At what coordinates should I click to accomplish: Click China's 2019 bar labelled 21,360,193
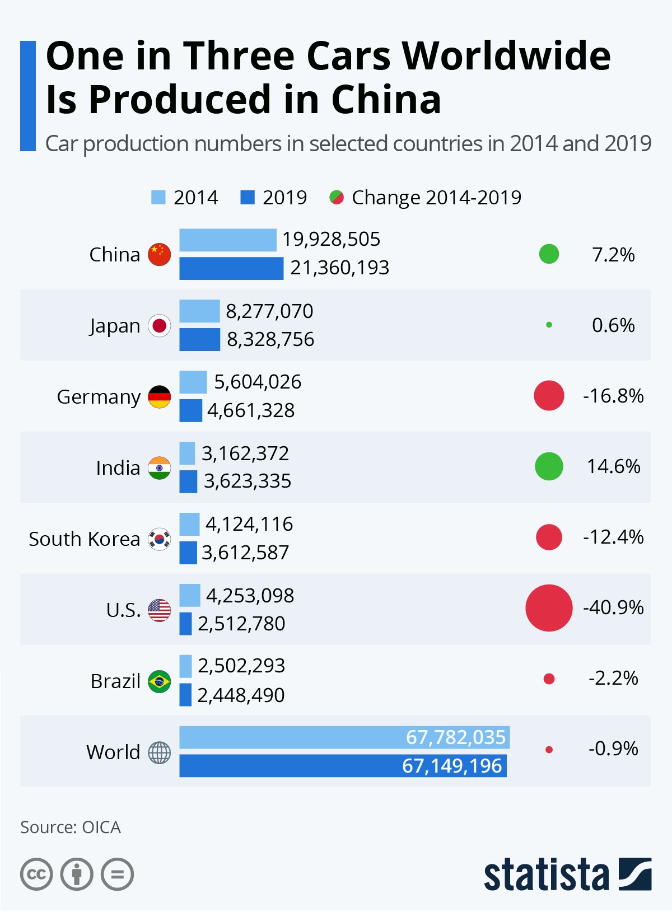click(x=231, y=268)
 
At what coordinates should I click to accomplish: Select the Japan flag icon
click(x=159, y=325)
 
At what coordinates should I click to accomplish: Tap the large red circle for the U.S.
click(x=549, y=608)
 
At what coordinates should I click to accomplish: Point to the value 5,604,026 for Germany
click(x=258, y=382)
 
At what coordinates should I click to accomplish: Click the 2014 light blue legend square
click(x=158, y=198)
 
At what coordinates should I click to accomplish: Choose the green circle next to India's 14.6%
click(x=549, y=466)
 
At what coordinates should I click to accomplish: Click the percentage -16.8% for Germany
click(x=613, y=396)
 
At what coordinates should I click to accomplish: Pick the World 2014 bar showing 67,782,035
click(x=344, y=737)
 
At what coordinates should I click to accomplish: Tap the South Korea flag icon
click(x=159, y=539)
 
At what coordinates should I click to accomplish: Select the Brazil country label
click(x=115, y=681)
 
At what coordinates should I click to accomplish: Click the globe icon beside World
click(x=159, y=752)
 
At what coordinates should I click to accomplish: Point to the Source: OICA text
click(x=71, y=827)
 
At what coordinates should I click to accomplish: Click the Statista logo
click(x=567, y=874)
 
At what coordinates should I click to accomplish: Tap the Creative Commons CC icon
click(x=36, y=874)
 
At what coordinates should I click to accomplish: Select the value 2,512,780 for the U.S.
click(x=241, y=624)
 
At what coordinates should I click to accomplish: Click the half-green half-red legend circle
click(x=337, y=198)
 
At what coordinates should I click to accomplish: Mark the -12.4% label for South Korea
click(x=613, y=537)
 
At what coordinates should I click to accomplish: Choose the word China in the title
click(x=386, y=100)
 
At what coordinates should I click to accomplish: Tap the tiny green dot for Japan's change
click(x=549, y=325)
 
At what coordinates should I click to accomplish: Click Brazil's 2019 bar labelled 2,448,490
click(x=185, y=695)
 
